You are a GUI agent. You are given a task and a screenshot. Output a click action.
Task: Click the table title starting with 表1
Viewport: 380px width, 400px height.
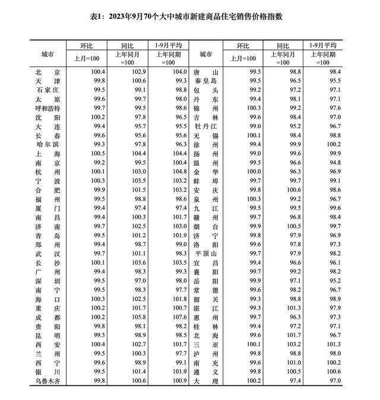[x=190, y=16]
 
